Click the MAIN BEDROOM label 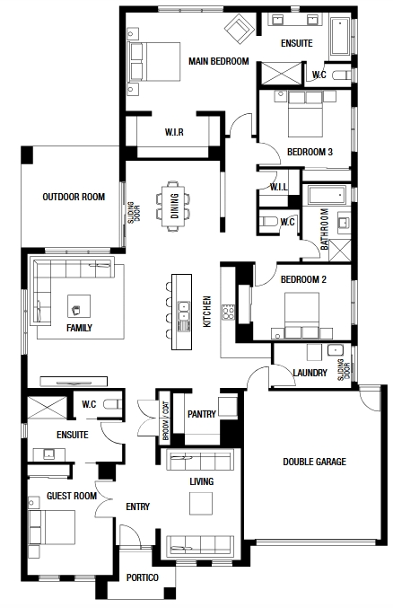click(219, 61)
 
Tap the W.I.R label click(174, 132)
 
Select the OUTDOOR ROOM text click(74, 197)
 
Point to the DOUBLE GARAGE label click(314, 462)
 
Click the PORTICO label click(143, 577)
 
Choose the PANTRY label click(202, 414)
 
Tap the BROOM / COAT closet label click(166, 420)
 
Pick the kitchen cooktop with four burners click(228, 313)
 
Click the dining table click(174, 206)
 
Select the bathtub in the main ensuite click(339, 36)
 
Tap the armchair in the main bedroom click(240, 29)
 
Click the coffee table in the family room click(79, 306)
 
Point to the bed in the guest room click(52, 527)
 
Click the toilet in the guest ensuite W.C click(113, 404)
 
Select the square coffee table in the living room click(201, 503)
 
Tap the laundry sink click(335, 350)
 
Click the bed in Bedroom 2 click(301, 315)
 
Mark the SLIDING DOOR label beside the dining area click(134, 212)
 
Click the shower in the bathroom click(340, 250)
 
